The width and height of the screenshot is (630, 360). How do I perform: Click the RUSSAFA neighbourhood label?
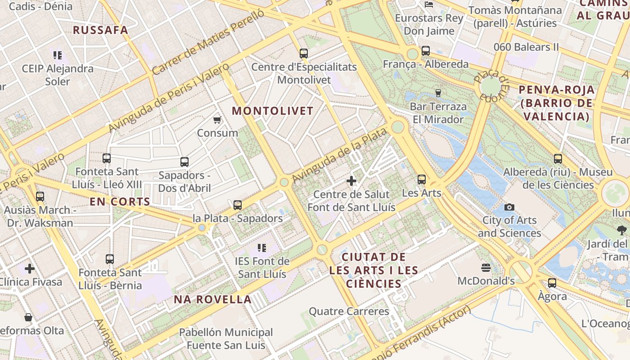tap(100, 30)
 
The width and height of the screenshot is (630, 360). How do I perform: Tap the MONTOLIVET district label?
tap(273, 111)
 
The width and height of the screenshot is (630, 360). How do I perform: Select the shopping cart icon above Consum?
tap(217, 120)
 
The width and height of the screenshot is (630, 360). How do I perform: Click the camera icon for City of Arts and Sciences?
tap(509, 207)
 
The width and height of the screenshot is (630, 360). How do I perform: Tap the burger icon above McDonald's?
tap(486, 268)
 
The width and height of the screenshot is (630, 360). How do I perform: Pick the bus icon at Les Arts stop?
tap(422, 180)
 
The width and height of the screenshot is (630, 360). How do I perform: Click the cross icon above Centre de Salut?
tap(351, 181)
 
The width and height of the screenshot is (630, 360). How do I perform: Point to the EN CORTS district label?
tap(120, 202)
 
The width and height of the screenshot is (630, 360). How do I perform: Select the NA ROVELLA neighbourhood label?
tap(213, 300)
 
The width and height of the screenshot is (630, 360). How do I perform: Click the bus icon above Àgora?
tap(552, 283)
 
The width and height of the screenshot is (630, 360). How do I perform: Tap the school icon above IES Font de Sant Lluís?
tap(262, 247)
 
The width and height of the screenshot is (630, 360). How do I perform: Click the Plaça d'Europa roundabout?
tap(490, 85)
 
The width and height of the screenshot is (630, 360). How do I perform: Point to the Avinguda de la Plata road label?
tap(339, 156)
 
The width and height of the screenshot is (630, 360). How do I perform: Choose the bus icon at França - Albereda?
tap(426, 51)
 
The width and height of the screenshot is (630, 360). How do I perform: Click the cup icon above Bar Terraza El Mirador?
tap(438, 93)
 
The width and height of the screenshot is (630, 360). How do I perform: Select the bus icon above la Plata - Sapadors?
tap(238, 205)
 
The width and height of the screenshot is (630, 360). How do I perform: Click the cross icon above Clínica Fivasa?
tap(30, 269)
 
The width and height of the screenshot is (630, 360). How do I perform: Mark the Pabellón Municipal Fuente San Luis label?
tap(226, 339)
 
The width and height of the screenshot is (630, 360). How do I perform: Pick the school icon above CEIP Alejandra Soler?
tap(58, 55)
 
